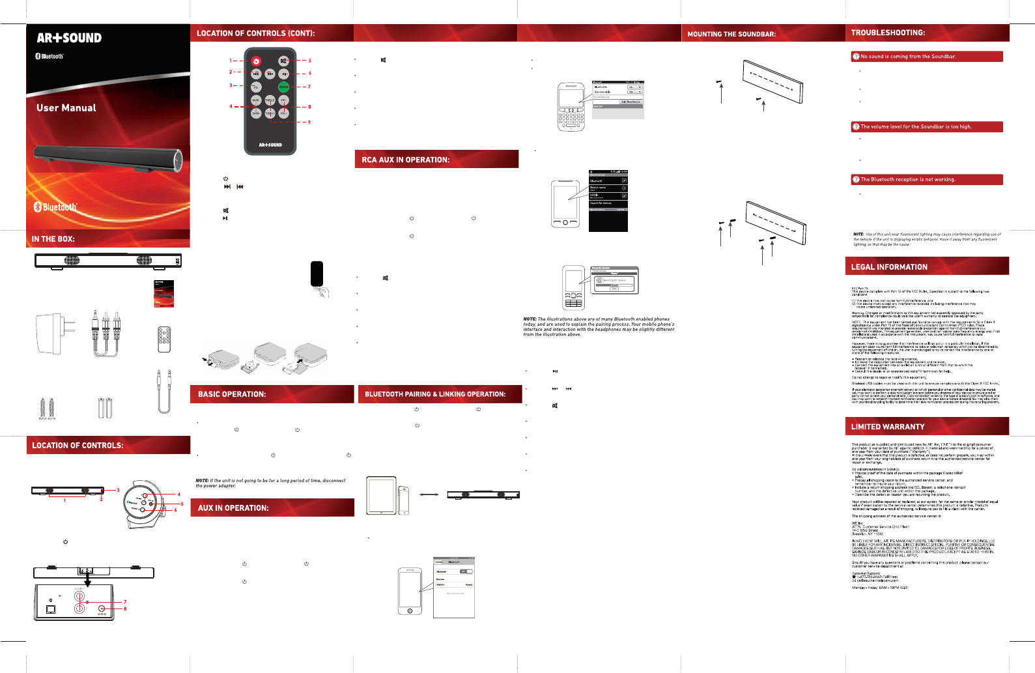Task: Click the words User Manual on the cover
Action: tap(66, 108)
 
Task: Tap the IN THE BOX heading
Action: tap(53, 239)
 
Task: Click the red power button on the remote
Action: tap(256, 61)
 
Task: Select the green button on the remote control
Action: tap(283, 87)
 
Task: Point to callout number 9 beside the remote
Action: tap(309, 122)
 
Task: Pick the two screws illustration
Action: tap(47, 408)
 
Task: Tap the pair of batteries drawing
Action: tap(105, 408)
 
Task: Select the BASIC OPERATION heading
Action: tap(232, 394)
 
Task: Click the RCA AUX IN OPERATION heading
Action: tap(406, 160)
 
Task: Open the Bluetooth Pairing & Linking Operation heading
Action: tap(435, 394)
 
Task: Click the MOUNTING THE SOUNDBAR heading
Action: tap(731, 34)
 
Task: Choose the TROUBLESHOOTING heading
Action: tap(888, 33)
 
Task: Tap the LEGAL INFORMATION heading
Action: tap(889, 267)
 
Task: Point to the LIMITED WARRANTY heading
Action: tap(888, 427)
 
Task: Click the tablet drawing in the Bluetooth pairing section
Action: tap(381, 495)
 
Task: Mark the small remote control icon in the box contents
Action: tap(164, 339)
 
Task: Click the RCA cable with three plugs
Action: tap(106, 332)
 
